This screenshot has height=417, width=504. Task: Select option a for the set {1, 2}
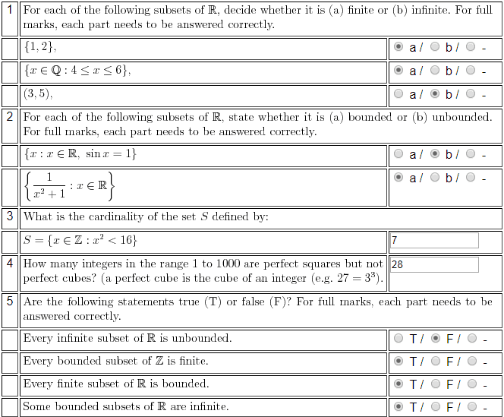[x=399, y=47]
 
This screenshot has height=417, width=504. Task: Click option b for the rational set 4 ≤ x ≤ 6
[x=435, y=71]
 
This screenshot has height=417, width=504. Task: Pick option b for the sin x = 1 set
[x=435, y=153]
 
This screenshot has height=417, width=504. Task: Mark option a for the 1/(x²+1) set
[x=399, y=177]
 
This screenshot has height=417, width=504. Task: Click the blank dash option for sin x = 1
[x=471, y=153]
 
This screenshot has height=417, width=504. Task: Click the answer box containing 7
[x=433, y=240]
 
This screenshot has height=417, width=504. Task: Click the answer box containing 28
[x=433, y=264]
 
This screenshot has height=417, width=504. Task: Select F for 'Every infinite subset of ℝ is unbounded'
[x=435, y=338]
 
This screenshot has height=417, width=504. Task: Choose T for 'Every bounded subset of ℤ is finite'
[x=399, y=361]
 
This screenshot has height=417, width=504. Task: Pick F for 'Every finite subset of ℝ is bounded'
[x=435, y=384]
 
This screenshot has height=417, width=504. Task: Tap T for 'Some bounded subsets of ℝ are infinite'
[x=399, y=406]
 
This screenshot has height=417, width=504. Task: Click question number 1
[x=10, y=11]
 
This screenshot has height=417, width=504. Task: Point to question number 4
[x=10, y=264]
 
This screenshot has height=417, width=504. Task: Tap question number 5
[x=10, y=302]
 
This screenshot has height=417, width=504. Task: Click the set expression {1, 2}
[x=39, y=47]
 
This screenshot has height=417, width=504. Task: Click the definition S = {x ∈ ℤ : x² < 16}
[x=80, y=240]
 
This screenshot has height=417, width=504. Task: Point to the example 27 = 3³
[x=353, y=278]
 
